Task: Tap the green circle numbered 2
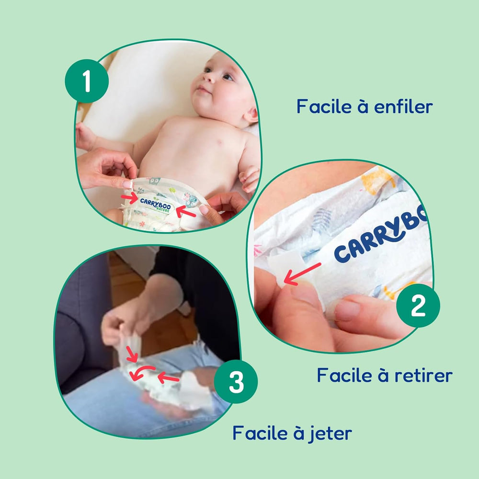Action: pyautogui.click(x=418, y=306)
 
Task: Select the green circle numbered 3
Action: pyautogui.click(x=236, y=382)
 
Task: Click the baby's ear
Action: pyautogui.click(x=251, y=115)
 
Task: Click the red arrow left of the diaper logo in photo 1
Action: pyautogui.click(x=129, y=197)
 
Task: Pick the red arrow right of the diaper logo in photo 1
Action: pyautogui.click(x=186, y=209)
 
